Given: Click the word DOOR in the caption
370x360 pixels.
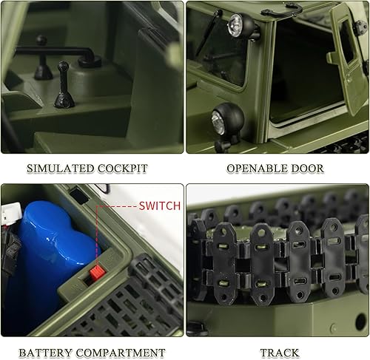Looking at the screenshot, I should (x=307, y=169).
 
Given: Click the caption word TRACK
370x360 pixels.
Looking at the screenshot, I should (x=280, y=353).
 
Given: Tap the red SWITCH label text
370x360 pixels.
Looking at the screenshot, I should (x=159, y=206).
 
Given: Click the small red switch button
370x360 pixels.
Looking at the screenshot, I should (x=95, y=273).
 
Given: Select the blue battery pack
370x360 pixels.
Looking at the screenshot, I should (x=52, y=259).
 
